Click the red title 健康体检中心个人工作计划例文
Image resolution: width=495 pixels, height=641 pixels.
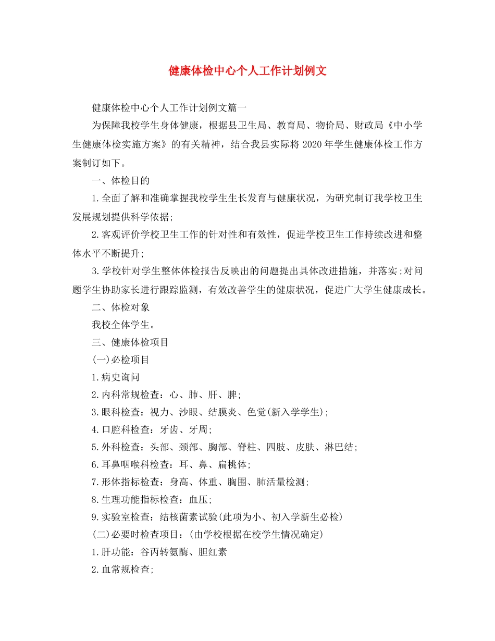point(247,71)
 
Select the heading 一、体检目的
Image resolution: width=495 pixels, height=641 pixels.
point(120,181)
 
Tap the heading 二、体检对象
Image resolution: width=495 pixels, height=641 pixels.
point(120,307)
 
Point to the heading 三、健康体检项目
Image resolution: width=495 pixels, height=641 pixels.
point(130,342)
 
